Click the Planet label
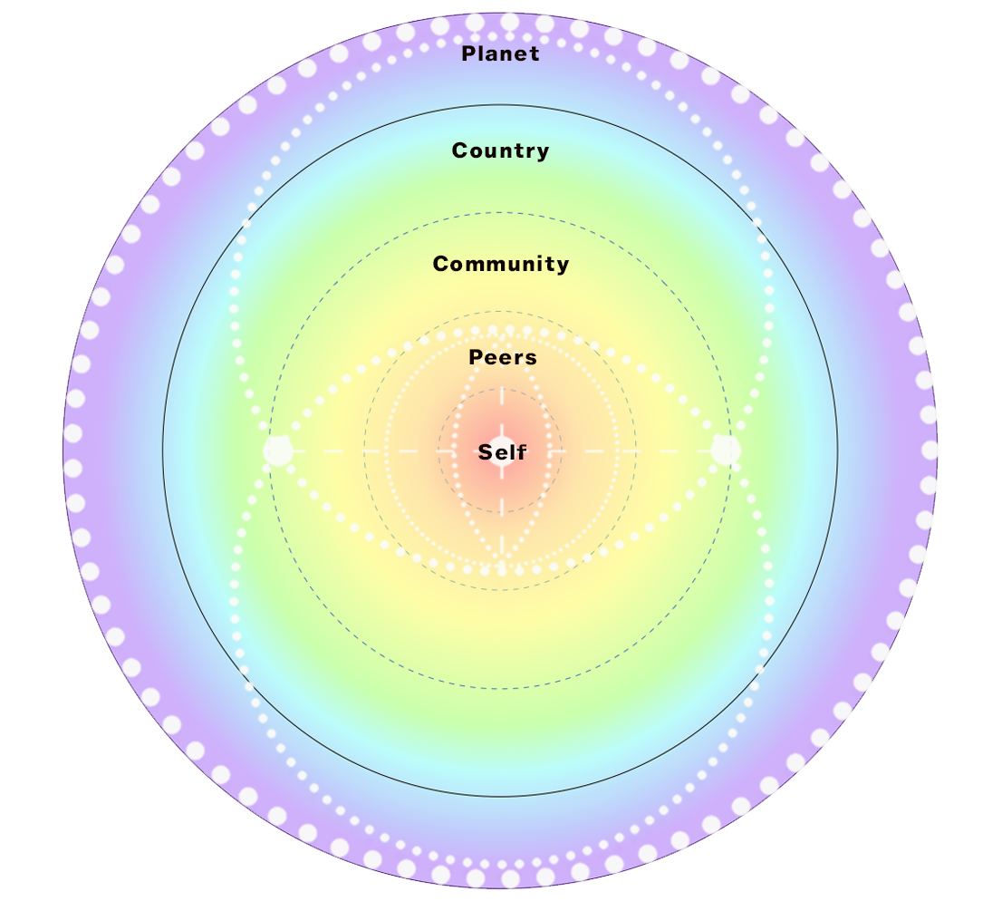(x=500, y=53)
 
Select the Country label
(x=500, y=150)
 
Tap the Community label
(x=501, y=264)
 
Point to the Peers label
(x=503, y=358)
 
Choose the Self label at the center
(x=502, y=452)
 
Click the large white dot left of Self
(x=278, y=450)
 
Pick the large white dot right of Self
(x=725, y=450)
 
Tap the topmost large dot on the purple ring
(x=510, y=22)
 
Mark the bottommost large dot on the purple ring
(x=510, y=878)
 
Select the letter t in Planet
(x=535, y=53)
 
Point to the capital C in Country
(x=459, y=150)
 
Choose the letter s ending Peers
(x=532, y=359)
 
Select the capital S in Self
(x=486, y=452)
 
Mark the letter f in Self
(x=522, y=451)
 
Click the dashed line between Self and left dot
(x=381, y=450)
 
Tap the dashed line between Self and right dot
(x=625, y=450)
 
